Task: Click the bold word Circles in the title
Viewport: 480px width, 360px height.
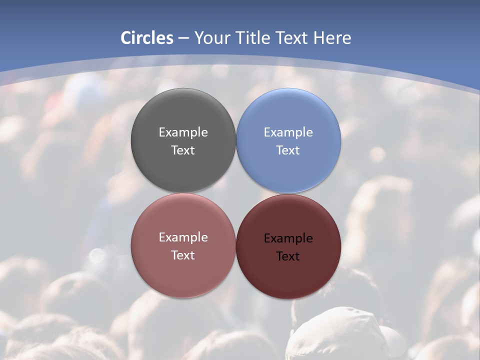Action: [x=147, y=38]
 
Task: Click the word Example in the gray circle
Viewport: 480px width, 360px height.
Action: [x=183, y=132]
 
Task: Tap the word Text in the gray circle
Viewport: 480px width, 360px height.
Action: [x=183, y=150]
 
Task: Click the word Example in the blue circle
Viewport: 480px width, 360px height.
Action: [x=288, y=132]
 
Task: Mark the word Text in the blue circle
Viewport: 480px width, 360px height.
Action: [x=288, y=150]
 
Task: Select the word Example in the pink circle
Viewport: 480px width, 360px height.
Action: [x=183, y=237]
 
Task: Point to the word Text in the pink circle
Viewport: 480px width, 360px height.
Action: [x=183, y=255]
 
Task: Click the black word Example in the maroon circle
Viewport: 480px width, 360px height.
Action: [x=288, y=238]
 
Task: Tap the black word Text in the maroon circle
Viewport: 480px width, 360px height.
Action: [x=288, y=256]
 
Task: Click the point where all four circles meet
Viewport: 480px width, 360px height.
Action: [x=236, y=193]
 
